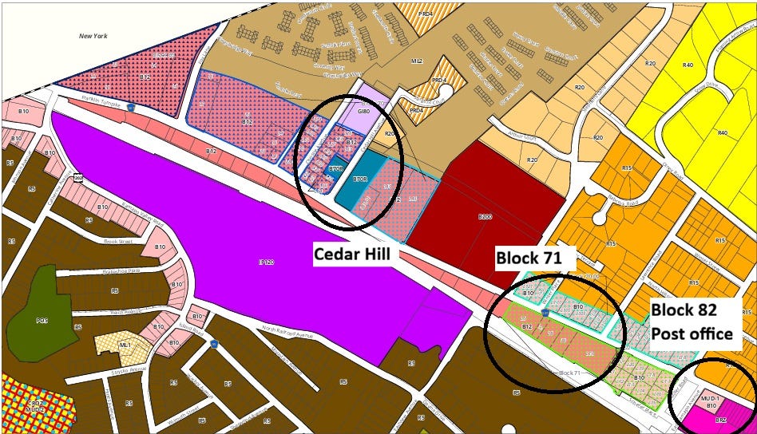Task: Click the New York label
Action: pyautogui.click(x=93, y=35)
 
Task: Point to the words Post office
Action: pyautogui.click(x=691, y=333)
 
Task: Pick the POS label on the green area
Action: pyautogui.click(x=42, y=321)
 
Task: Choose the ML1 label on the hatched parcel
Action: pyautogui.click(x=125, y=344)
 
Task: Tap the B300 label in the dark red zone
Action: pyautogui.click(x=484, y=216)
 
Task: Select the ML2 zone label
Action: pyautogui.click(x=416, y=60)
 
